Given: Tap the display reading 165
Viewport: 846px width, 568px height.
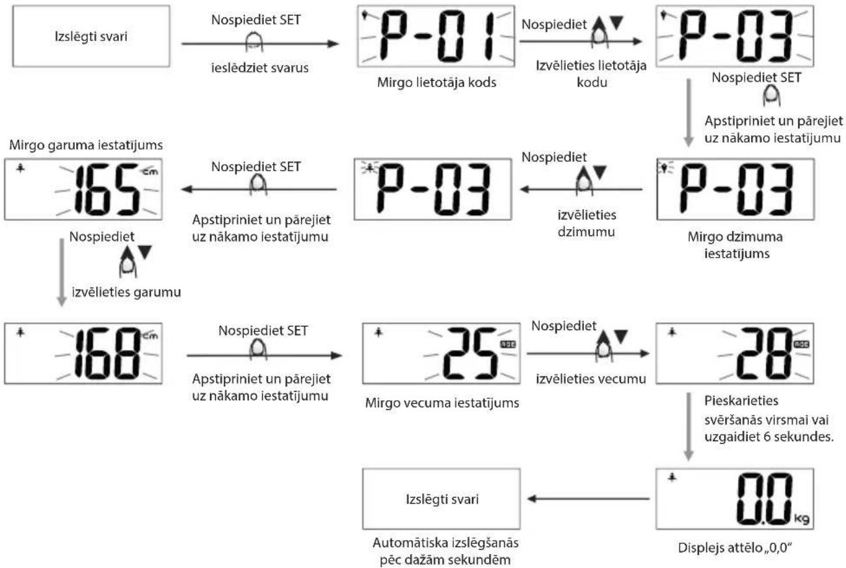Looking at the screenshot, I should [84, 188].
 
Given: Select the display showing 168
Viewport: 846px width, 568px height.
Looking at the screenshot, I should [84, 354].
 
